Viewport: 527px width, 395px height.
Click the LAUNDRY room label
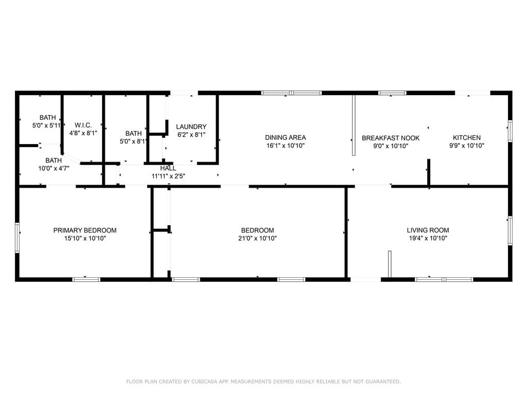pyautogui.click(x=191, y=127)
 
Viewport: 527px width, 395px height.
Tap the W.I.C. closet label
pyautogui.click(x=83, y=125)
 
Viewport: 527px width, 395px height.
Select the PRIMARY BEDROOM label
pyautogui.click(x=85, y=230)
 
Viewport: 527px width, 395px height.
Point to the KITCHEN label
pyautogui.click(x=466, y=137)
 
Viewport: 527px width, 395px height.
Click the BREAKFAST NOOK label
pyautogui.click(x=391, y=138)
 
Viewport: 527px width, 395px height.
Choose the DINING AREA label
pyautogui.click(x=285, y=137)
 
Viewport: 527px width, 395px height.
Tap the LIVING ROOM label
pyautogui.click(x=428, y=230)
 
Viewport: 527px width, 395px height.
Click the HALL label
pyautogui.click(x=168, y=168)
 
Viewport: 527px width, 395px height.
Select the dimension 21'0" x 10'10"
pyautogui.click(x=257, y=238)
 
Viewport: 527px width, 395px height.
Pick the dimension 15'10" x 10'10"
pyautogui.click(x=85, y=238)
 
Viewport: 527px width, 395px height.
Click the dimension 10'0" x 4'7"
pyautogui.click(x=54, y=168)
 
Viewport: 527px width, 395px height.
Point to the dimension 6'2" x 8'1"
pyautogui.click(x=191, y=135)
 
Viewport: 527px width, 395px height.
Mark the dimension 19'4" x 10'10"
pyautogui.click(x=428, y=238)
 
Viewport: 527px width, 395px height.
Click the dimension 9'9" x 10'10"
pyautogui.click(x=466, y=146)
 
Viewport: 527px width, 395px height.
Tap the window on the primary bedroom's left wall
pyautogui.click(x=17, y=238)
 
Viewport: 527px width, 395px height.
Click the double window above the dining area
pyautogui.click(x=291, y=93)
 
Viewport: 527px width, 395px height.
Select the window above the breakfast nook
pyautogui.click(x=392, y=93)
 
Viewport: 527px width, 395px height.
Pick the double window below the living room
pyautogui.click(x=444, y=279)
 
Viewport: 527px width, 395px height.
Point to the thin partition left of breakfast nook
pyautogui.click(x=354, y=125)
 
